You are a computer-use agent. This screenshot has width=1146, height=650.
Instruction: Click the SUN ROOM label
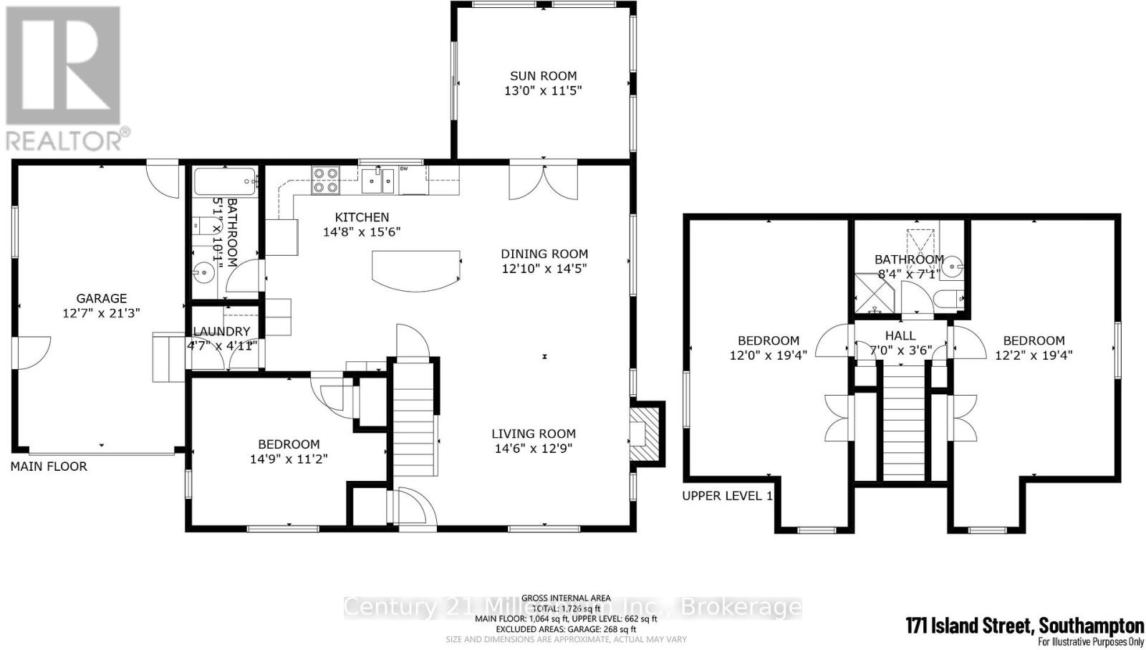[543, 75]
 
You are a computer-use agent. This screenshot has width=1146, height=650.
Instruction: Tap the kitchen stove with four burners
[324, 180]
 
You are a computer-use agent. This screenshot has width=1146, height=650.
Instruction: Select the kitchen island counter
[415, 270]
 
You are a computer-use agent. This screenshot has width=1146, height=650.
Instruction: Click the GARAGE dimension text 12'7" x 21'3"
[101, 313]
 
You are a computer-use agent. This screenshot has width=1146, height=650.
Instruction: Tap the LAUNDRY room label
[221, 331]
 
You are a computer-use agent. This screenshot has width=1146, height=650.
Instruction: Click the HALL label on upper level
[900, 335]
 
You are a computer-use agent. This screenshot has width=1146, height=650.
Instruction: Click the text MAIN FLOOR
[49, 467]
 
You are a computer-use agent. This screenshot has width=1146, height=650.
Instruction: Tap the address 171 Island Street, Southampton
[1024, 625]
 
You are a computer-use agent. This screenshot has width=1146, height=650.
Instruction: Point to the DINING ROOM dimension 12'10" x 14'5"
[544, 269]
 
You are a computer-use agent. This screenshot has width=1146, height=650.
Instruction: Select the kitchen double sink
[378, 180]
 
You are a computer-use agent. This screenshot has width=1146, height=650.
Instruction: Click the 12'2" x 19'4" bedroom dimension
[1034, 355]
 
